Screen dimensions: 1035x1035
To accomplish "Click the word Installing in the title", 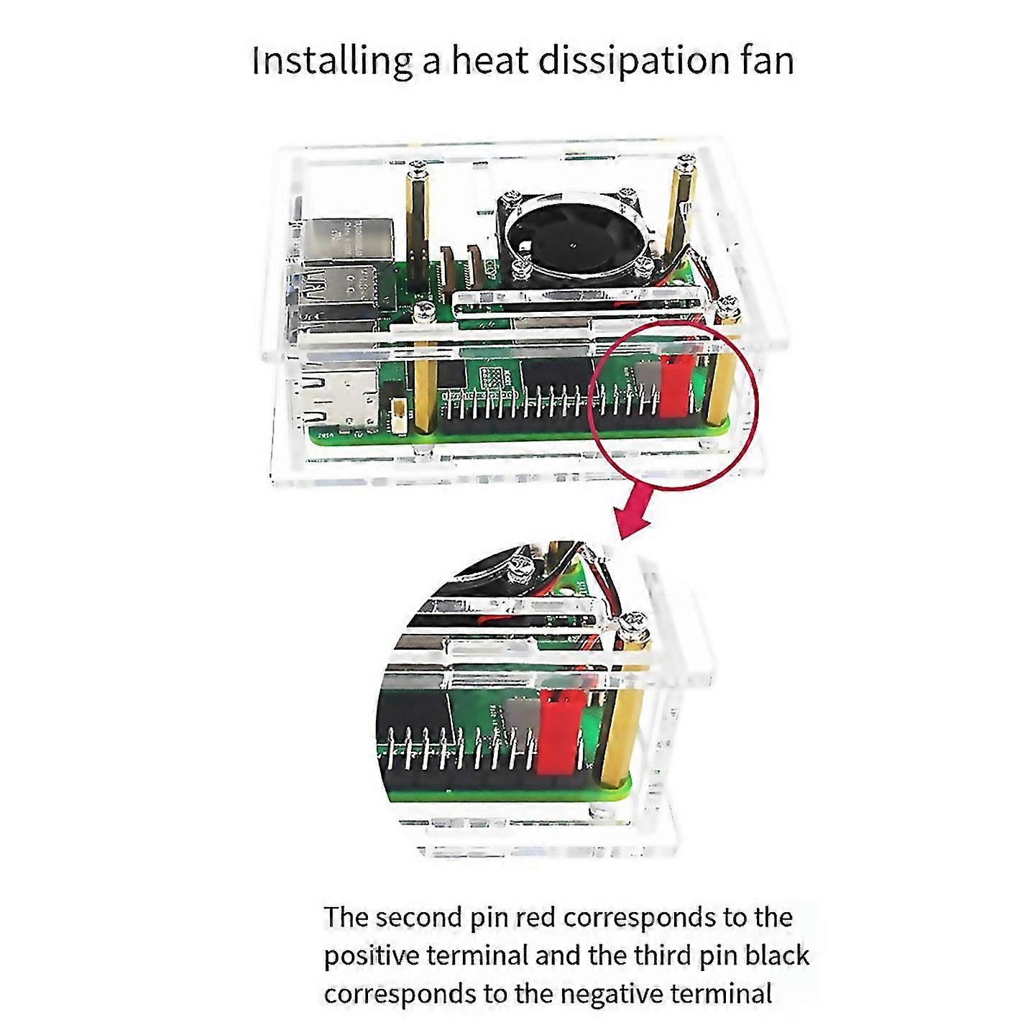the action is pos(331,62).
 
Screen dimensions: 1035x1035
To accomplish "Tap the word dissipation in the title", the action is pos(627,62).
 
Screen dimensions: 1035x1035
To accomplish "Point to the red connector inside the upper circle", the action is pos(676,385).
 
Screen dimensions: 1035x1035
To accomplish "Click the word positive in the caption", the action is pos(372,955).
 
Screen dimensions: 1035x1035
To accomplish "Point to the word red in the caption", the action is pos(535,916).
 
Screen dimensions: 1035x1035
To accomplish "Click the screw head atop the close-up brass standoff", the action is pos(635,624).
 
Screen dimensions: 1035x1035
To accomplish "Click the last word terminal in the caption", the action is pos(720,994).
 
